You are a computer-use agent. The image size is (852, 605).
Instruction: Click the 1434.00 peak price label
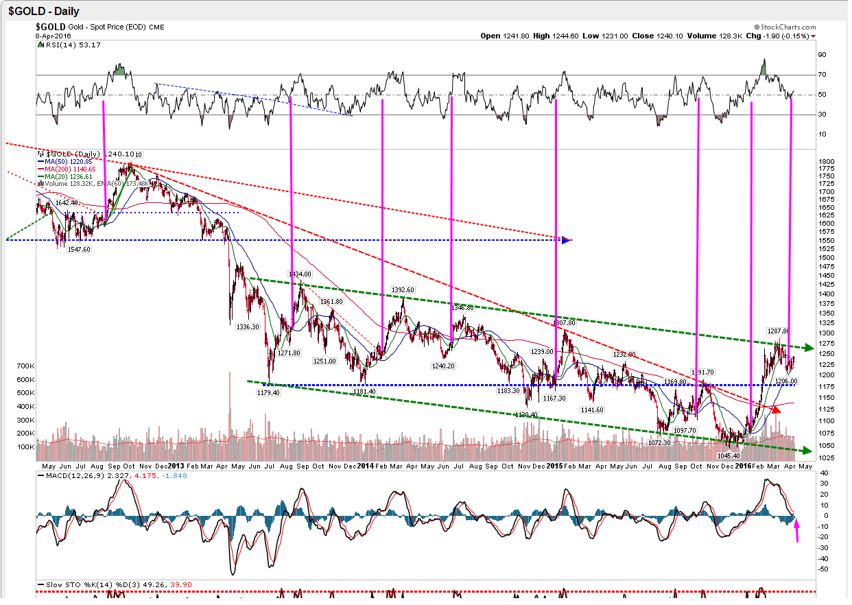pos(299,274)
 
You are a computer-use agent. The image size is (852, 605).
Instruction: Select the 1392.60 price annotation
pos(402,290)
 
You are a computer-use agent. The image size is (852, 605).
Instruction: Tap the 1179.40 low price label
pos(268,393)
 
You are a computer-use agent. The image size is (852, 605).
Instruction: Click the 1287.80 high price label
pos(778,331)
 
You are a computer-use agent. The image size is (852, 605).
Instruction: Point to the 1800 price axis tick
pos(826,161)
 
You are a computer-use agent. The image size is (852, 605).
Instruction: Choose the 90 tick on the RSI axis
pos(821,55)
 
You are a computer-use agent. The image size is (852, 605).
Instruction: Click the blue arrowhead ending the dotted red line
pos(566,239)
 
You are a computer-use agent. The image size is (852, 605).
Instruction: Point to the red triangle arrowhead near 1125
pos(775,410)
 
